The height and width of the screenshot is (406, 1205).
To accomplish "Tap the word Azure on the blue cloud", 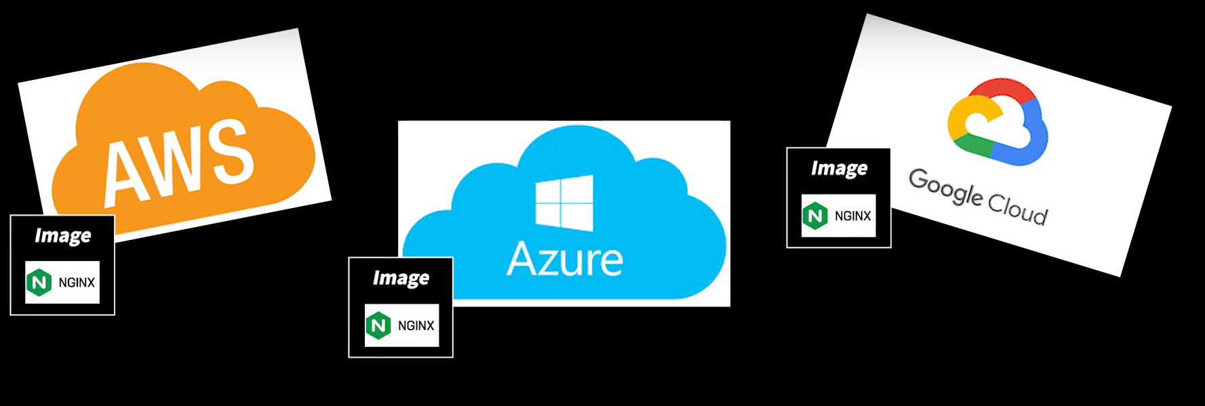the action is coord(565,260).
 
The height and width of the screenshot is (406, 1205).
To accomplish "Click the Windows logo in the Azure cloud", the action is coord(564,203).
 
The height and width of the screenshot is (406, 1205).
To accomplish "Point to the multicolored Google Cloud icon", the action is coord(997,122).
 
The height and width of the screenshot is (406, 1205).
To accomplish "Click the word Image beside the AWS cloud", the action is coord(62,235).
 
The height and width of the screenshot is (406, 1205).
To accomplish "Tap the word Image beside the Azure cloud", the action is coord(401,278).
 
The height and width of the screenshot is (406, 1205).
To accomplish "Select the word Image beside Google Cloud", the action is coord(839,168).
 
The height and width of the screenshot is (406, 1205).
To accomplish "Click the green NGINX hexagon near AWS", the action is coord(39,282).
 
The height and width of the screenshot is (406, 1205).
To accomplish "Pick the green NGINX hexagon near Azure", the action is coord(378,325).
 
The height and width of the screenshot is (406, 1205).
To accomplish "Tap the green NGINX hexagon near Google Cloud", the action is coord(815,216).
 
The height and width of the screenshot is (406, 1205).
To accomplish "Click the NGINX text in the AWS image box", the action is coord(77,283).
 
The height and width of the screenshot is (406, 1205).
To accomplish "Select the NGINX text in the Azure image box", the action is coord(416,326).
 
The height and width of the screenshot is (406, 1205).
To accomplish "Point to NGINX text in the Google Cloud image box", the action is coord(852,216).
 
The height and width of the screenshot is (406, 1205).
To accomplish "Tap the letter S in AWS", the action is coord(233,151).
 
